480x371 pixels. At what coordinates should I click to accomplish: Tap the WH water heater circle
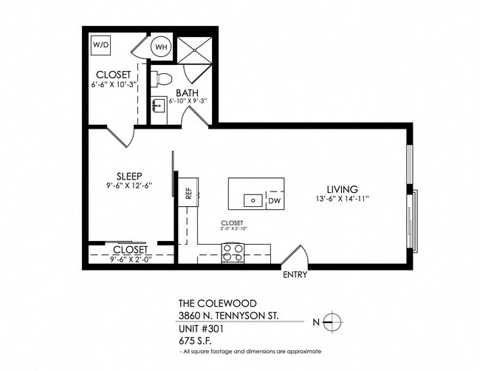coord(161,47)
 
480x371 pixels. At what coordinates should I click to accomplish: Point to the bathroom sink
coord(157,104)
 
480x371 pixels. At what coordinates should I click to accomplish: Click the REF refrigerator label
coord(188,194)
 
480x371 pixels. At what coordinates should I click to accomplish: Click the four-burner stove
coord(233,252)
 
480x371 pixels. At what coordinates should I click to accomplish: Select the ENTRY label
coord(295,276)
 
